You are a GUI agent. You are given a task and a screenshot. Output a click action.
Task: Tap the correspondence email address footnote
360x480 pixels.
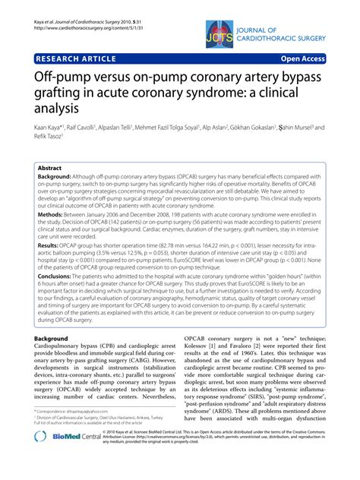80,431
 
